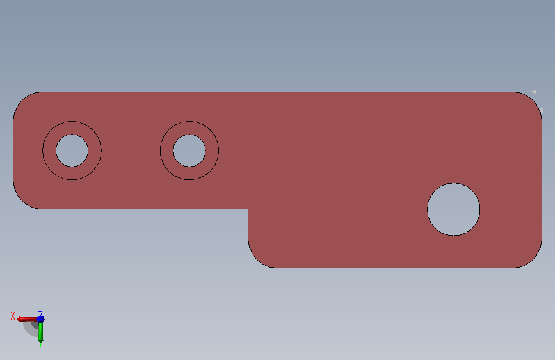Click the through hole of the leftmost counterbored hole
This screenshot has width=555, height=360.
pos(72,151)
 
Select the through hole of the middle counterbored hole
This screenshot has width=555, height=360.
pos(189,151)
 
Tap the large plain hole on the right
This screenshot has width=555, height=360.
pos(454,209)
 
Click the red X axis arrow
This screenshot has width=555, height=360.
pos(27,319)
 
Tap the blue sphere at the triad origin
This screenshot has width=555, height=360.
pos(41,319)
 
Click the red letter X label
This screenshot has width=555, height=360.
pos(13,316)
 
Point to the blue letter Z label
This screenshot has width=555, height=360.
pos(40,314)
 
